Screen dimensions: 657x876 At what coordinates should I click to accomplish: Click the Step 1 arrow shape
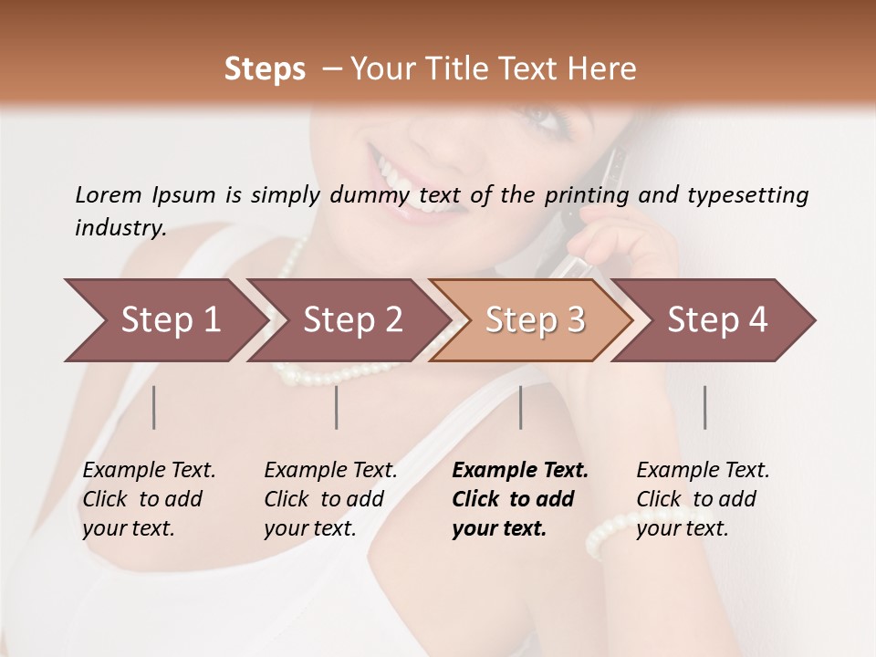[x=170, y=320]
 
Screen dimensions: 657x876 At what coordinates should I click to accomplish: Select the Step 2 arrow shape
[x=352, y=320]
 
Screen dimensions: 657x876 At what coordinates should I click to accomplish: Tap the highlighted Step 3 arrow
[x=535, y=320]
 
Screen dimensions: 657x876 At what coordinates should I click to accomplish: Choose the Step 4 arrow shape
[x=717, y=320]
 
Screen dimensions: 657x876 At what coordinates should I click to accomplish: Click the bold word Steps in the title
[x=265, y=69]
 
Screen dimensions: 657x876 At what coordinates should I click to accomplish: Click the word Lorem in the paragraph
[x=108, y=194]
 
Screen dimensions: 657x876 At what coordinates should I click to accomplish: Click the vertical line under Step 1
[x=154, y=407]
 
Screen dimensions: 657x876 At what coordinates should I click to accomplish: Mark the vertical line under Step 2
[x=337, y=407]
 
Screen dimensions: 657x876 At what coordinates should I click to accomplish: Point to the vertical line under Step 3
[x=521, y=407]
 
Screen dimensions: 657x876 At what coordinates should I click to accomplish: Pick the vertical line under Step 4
[x=704, y=407]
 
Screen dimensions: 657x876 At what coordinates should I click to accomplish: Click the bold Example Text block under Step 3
[x=519, y=499]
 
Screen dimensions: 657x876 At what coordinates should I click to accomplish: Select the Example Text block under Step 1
[x=149, y=499]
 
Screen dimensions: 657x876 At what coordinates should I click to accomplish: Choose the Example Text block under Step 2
[x=330, y=499]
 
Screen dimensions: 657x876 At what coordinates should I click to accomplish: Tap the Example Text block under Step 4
[x=703, y=499]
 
